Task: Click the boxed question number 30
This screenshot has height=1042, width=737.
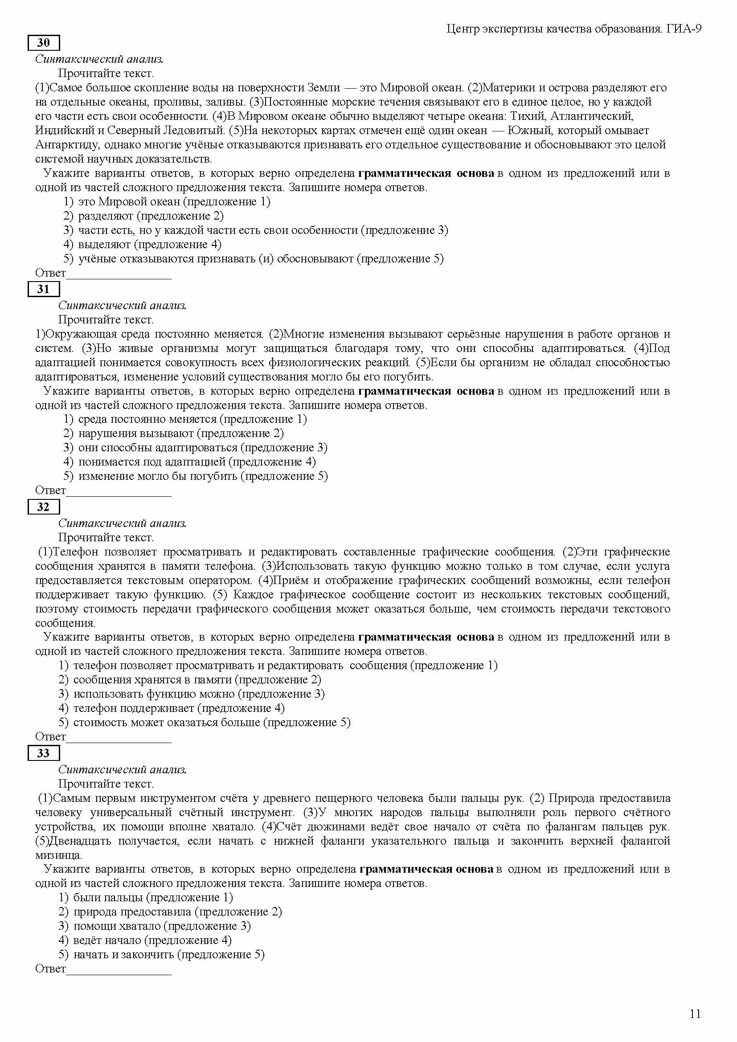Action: coord(44,43)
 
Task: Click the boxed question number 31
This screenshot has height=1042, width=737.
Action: coord(44,289)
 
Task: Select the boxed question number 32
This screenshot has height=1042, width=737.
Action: coord(44,507)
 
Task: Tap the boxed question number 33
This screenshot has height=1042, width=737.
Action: coord(44,753)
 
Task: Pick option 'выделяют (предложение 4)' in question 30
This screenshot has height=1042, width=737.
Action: coord(150,245)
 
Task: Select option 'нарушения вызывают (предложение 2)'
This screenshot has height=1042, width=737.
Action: coord(180,433)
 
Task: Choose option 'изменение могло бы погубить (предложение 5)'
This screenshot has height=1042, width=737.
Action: coord(203,476)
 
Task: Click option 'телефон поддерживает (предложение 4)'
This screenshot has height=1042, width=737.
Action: coord(179,708)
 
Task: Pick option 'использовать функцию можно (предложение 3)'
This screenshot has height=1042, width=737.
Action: coord(199,694)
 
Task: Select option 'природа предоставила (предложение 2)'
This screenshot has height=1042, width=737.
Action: coord(177,912)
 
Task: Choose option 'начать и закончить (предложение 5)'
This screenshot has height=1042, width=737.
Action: coord(169,954)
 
